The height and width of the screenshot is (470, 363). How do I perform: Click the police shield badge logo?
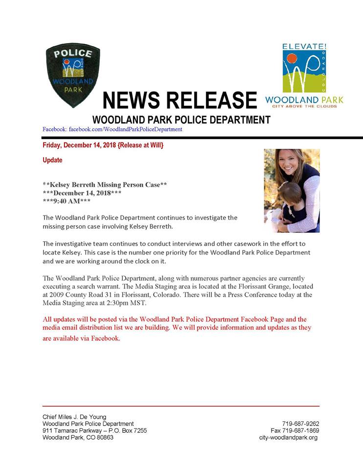pyautogui.click(x=73, y=75)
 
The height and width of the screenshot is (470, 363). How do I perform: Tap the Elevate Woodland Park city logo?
pyautogui.click(x=304, y=74)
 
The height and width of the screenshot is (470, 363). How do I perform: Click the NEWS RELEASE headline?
pyautogui.click(x=180, y=100)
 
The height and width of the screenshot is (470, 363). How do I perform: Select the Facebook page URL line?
pyautogui.click(x=113, y=129)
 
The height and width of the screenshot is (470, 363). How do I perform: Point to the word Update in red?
pyautogui.click(x=52, y=160)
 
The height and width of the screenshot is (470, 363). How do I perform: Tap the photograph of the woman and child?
pyautogui.click(x=292, y=190)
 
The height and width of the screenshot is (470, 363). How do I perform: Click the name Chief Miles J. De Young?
pyautogui.click(x=74, y=417)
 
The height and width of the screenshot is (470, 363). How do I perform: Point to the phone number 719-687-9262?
pyautogui.click(x=300, y=423)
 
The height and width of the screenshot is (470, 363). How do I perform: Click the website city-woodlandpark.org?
pyautogui.click(x=289, y=437)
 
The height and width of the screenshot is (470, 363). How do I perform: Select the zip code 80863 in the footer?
pyautogui.click(x=105, y=437)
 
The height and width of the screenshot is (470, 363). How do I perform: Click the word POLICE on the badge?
pyautogui.click(x=73, y=54)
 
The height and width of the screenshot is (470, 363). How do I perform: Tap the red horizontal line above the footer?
pyautogui.click(x=181, y=406)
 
